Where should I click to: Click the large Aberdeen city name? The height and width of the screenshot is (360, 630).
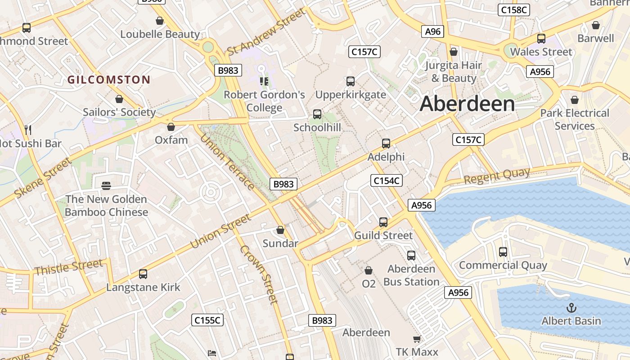point(467,104)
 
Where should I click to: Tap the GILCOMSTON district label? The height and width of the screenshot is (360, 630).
point(108,80)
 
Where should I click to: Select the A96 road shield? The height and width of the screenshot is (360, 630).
point(433,31)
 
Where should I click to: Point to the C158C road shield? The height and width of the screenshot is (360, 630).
point(513,10)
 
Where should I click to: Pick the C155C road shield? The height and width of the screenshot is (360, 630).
point(207,320)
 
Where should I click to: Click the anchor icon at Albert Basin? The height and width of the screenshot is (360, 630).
point(571,308)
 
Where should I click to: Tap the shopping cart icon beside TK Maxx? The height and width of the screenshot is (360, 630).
point(417,339)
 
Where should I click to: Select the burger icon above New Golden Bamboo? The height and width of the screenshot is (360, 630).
point(107,186)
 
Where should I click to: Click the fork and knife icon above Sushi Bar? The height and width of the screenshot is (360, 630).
point(28,130)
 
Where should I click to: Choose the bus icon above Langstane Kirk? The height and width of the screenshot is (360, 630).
point(143,274)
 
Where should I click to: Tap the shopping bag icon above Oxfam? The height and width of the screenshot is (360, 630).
point(171,127)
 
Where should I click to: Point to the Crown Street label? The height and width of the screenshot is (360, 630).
point(259,274)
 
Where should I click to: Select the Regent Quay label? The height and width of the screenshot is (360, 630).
point(496,176)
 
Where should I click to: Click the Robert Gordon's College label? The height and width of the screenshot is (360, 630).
point(264,101)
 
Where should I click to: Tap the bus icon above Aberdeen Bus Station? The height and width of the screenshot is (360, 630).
point(411,256)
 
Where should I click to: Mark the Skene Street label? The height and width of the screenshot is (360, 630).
point(43,178)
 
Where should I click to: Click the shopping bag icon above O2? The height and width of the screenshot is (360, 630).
point(369,270)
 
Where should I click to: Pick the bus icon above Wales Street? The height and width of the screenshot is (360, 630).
point(541,39)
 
